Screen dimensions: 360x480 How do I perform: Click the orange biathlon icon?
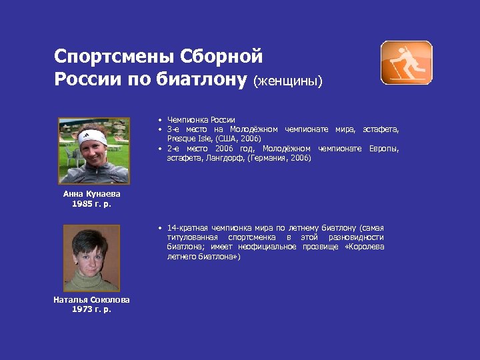406,63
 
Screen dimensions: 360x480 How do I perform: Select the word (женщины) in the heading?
288,81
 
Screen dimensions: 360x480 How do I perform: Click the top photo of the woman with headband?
94,151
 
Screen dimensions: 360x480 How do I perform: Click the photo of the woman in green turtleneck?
91,257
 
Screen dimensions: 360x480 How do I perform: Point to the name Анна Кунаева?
92,193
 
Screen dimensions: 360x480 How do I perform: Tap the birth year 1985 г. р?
92,203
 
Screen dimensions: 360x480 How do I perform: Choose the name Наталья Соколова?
91,300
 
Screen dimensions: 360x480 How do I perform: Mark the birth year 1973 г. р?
91,309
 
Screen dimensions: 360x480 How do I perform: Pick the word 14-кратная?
188,228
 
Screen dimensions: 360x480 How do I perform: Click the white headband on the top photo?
92,138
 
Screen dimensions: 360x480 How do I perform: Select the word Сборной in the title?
230,55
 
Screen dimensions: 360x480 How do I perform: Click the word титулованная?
193,237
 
